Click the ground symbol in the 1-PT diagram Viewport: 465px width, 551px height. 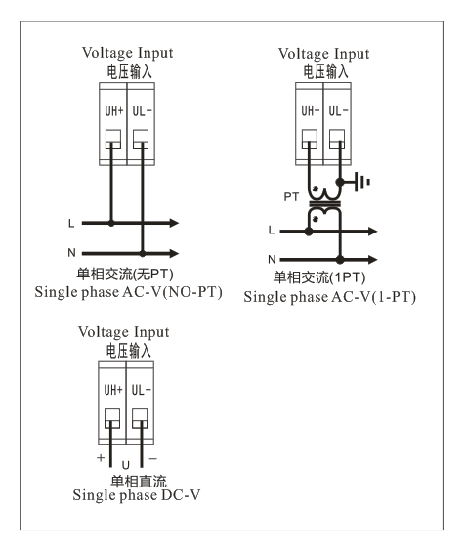362,182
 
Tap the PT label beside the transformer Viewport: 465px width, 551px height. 291,197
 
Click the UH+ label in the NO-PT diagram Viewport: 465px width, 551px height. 114,111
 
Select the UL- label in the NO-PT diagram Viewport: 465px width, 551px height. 142,111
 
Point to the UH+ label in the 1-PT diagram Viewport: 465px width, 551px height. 311,111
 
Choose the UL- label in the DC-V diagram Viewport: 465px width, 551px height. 141,390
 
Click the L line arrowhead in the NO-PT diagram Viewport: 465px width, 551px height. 174,223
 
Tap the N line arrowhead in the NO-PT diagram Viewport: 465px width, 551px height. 174,253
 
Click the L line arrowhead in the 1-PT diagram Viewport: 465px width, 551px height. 372,232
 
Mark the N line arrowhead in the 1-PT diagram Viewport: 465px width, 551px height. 372,260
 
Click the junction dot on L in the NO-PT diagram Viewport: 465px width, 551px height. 111,223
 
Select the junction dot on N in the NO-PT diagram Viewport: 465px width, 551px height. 143,253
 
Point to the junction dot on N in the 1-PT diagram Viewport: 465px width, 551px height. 340,260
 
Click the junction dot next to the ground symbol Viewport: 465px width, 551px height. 340,182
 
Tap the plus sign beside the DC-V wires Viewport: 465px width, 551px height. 101,457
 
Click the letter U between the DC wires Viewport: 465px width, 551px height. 125,465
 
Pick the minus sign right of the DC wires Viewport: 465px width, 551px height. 152,458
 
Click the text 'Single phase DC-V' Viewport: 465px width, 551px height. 137,495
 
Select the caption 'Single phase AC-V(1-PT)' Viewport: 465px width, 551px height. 329,297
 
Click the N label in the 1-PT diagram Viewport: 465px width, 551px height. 272,259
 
